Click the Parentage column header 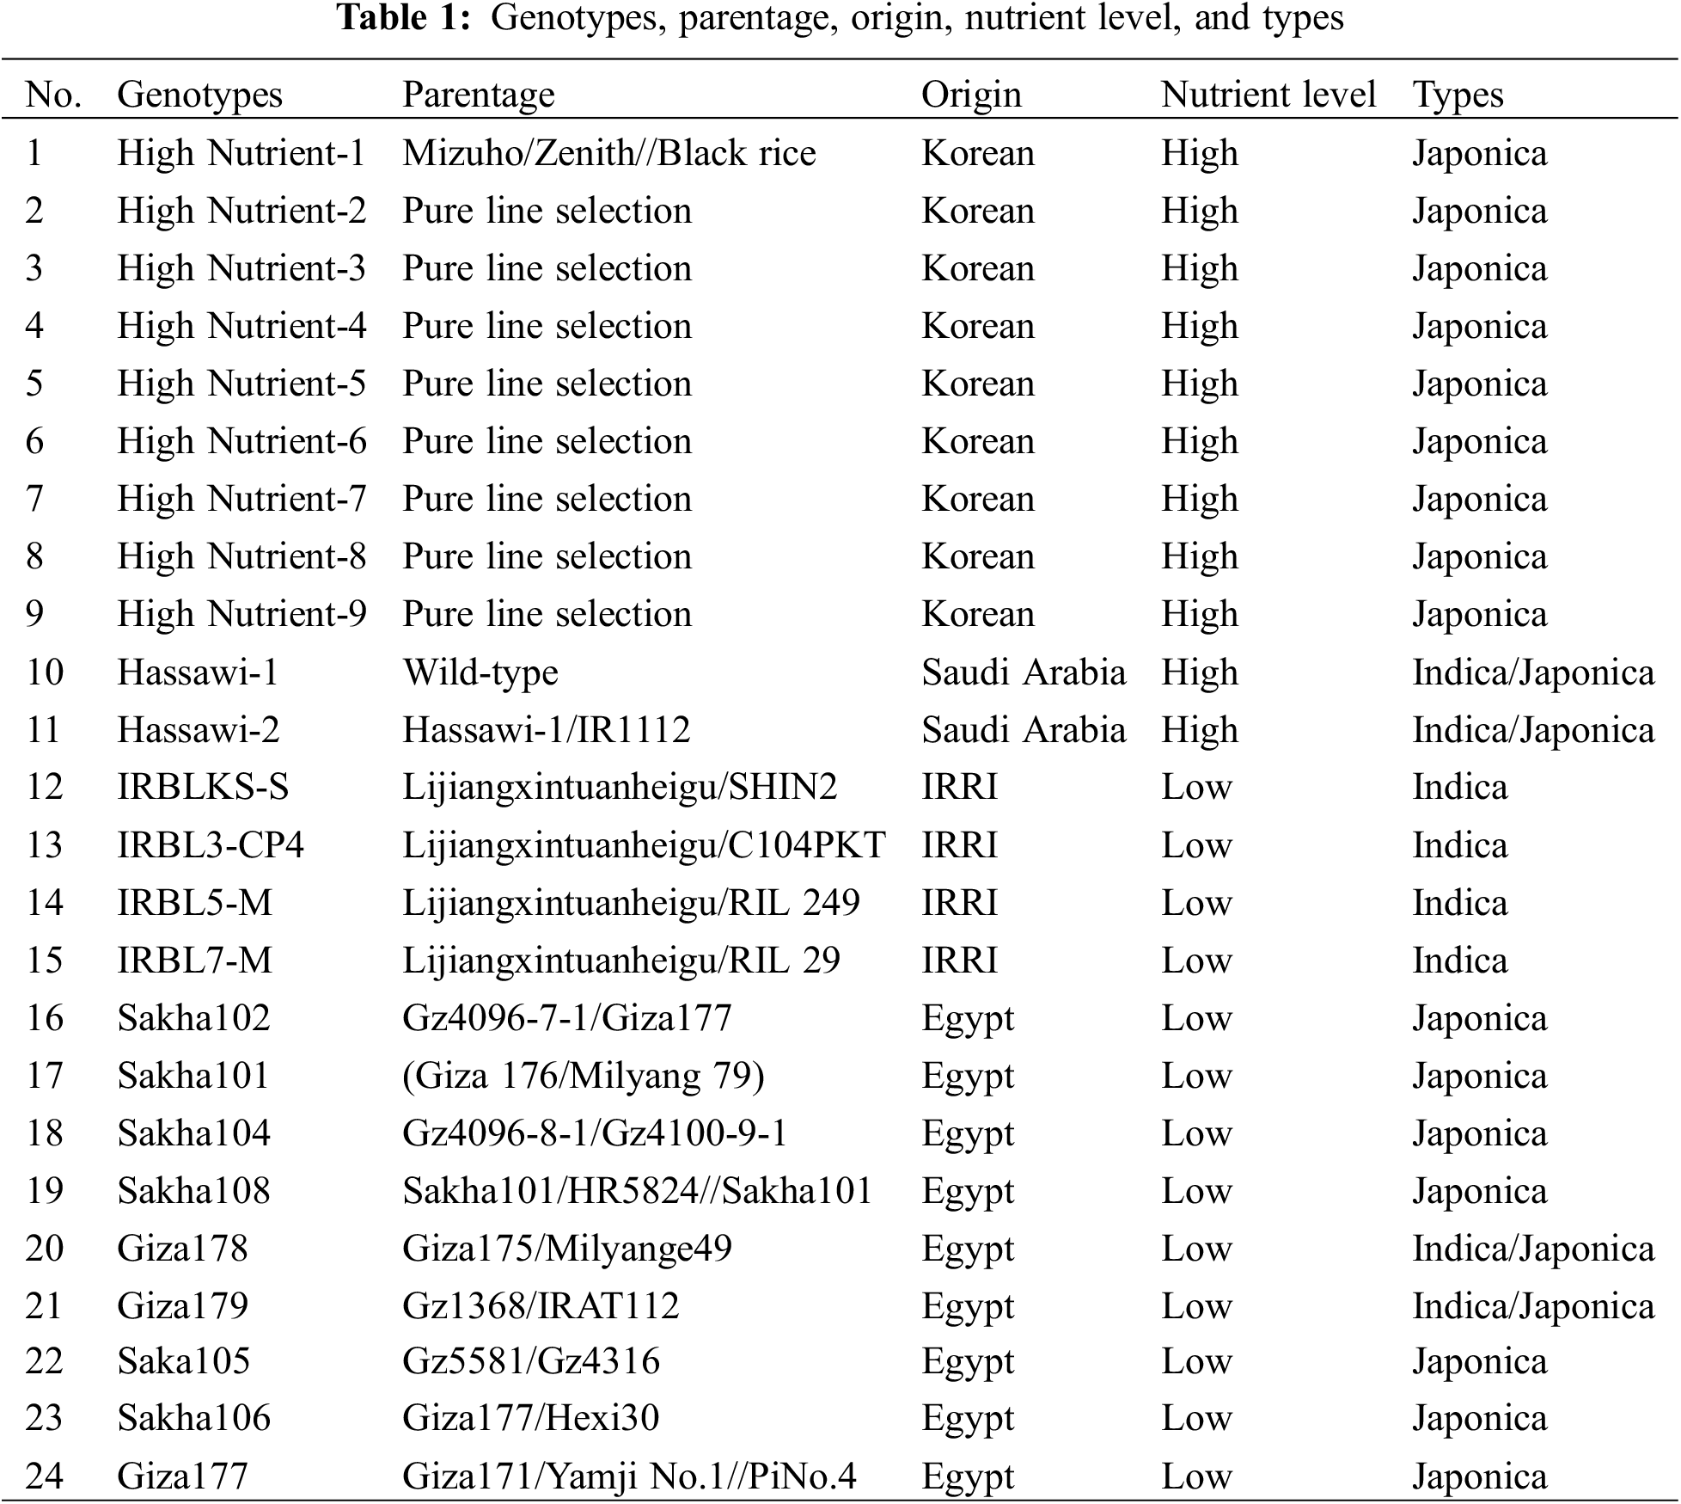pos(478,95)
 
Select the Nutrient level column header pos(1268,95)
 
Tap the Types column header pos(1458,95)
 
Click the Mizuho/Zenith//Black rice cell pos(608,153)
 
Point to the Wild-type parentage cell pos(480,672)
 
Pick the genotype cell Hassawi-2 pos(198,730)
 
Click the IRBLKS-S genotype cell pos(203,787)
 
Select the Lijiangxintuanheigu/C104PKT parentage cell pos(644,845)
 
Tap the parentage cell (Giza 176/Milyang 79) pos(583,1076)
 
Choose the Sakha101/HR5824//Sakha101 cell pos(637,1191)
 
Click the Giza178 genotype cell pos(182,1249)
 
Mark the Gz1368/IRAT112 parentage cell pos(541,1306)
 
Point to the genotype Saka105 pos(183,1361)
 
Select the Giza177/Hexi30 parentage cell pos(530,1418)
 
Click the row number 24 pos(45,1476)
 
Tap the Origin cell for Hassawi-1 pos(1023,672)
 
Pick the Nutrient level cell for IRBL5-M pos(1196,903)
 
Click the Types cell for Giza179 pos(1532,1306)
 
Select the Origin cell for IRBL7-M pos(959,961)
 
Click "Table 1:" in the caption pos(404,18)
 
